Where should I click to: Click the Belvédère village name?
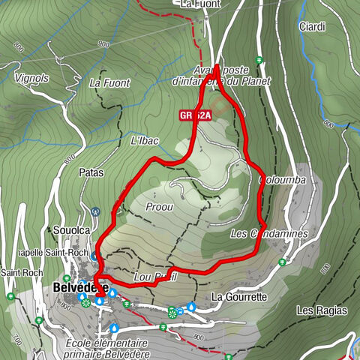[81, 287]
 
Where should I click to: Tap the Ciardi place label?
[311, 27]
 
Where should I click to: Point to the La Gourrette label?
[239, 296]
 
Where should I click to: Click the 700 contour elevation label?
[16, 341]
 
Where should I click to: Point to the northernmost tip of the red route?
[217, 67]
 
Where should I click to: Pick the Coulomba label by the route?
[277, 181]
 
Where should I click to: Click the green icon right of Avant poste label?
[258, 61]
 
